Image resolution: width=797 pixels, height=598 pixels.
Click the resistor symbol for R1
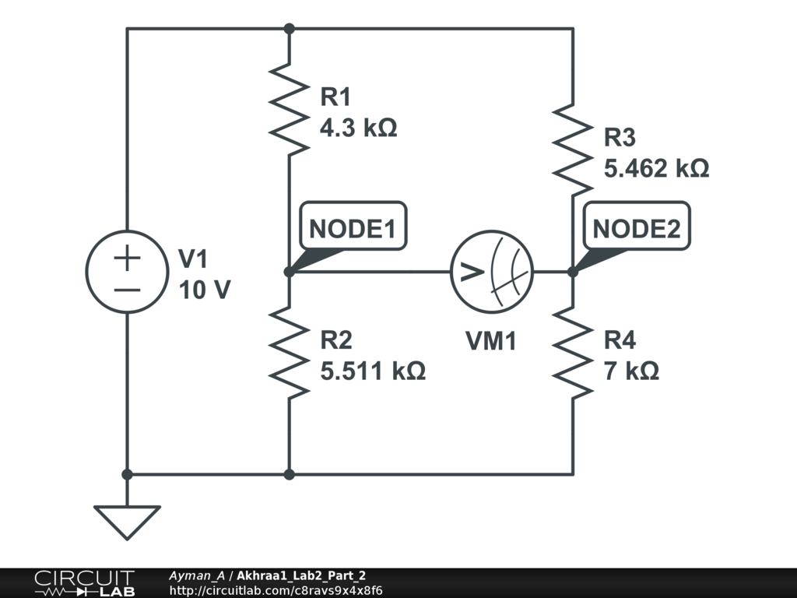coord(289,109)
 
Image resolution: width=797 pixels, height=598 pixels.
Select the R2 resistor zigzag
coord(289,353)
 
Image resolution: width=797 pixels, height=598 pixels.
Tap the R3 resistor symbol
coord(573,150)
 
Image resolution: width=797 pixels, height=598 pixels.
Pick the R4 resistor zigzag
coord(573,353)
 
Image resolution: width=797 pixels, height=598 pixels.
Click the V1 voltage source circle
coord(127,272)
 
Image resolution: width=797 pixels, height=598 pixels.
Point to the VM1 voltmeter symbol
coord(492,272)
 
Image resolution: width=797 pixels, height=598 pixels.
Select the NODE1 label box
coord(353,227)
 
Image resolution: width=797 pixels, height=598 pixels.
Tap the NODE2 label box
coord(637,227)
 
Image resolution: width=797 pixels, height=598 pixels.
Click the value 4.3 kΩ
coord(358,128)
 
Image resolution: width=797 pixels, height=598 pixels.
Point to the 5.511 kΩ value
coord(373,371)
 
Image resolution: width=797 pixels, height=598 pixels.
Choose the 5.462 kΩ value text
coord(656,168)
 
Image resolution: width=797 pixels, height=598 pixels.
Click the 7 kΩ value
coord(631,371)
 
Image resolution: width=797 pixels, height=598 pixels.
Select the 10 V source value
coord(205,290)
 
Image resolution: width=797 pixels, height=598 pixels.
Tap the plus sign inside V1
coord(127,258)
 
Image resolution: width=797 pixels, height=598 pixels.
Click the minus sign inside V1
coord(127,290)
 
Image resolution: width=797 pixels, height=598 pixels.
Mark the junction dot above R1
coord(290,29)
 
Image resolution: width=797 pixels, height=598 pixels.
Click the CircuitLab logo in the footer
coord(85,583)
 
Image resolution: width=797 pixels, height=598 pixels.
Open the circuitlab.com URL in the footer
coord(276,590)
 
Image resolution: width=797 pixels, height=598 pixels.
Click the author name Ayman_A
coord(197,575)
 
